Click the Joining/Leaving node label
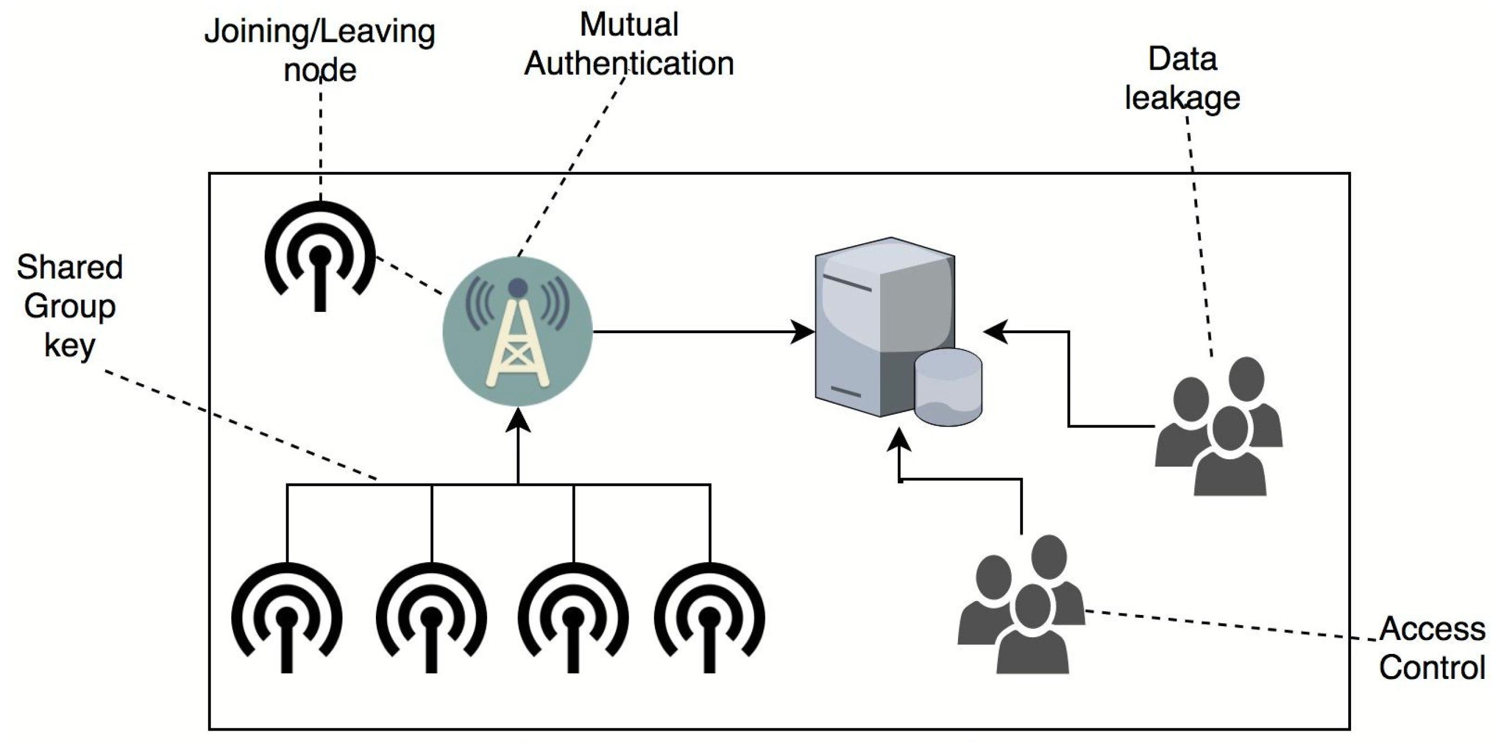[320, 51]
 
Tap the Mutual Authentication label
[629, 44]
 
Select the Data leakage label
[1182, 78]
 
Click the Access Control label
[1432, 648]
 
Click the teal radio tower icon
[517, 331]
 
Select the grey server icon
[885, 326]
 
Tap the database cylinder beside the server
[949, 387]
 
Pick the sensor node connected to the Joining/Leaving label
[320, 256]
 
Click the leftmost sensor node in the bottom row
[287, 618]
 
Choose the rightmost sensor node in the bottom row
[709, 618]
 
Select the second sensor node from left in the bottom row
[431, 618]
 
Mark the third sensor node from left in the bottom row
[573, 618]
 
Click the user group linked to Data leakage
[1219, 426]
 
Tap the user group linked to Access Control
[1022, 604]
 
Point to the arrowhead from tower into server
[803, 332]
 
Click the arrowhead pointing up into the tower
[518, 420]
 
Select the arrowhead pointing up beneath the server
[900, 441]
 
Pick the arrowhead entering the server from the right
[996, 332]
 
